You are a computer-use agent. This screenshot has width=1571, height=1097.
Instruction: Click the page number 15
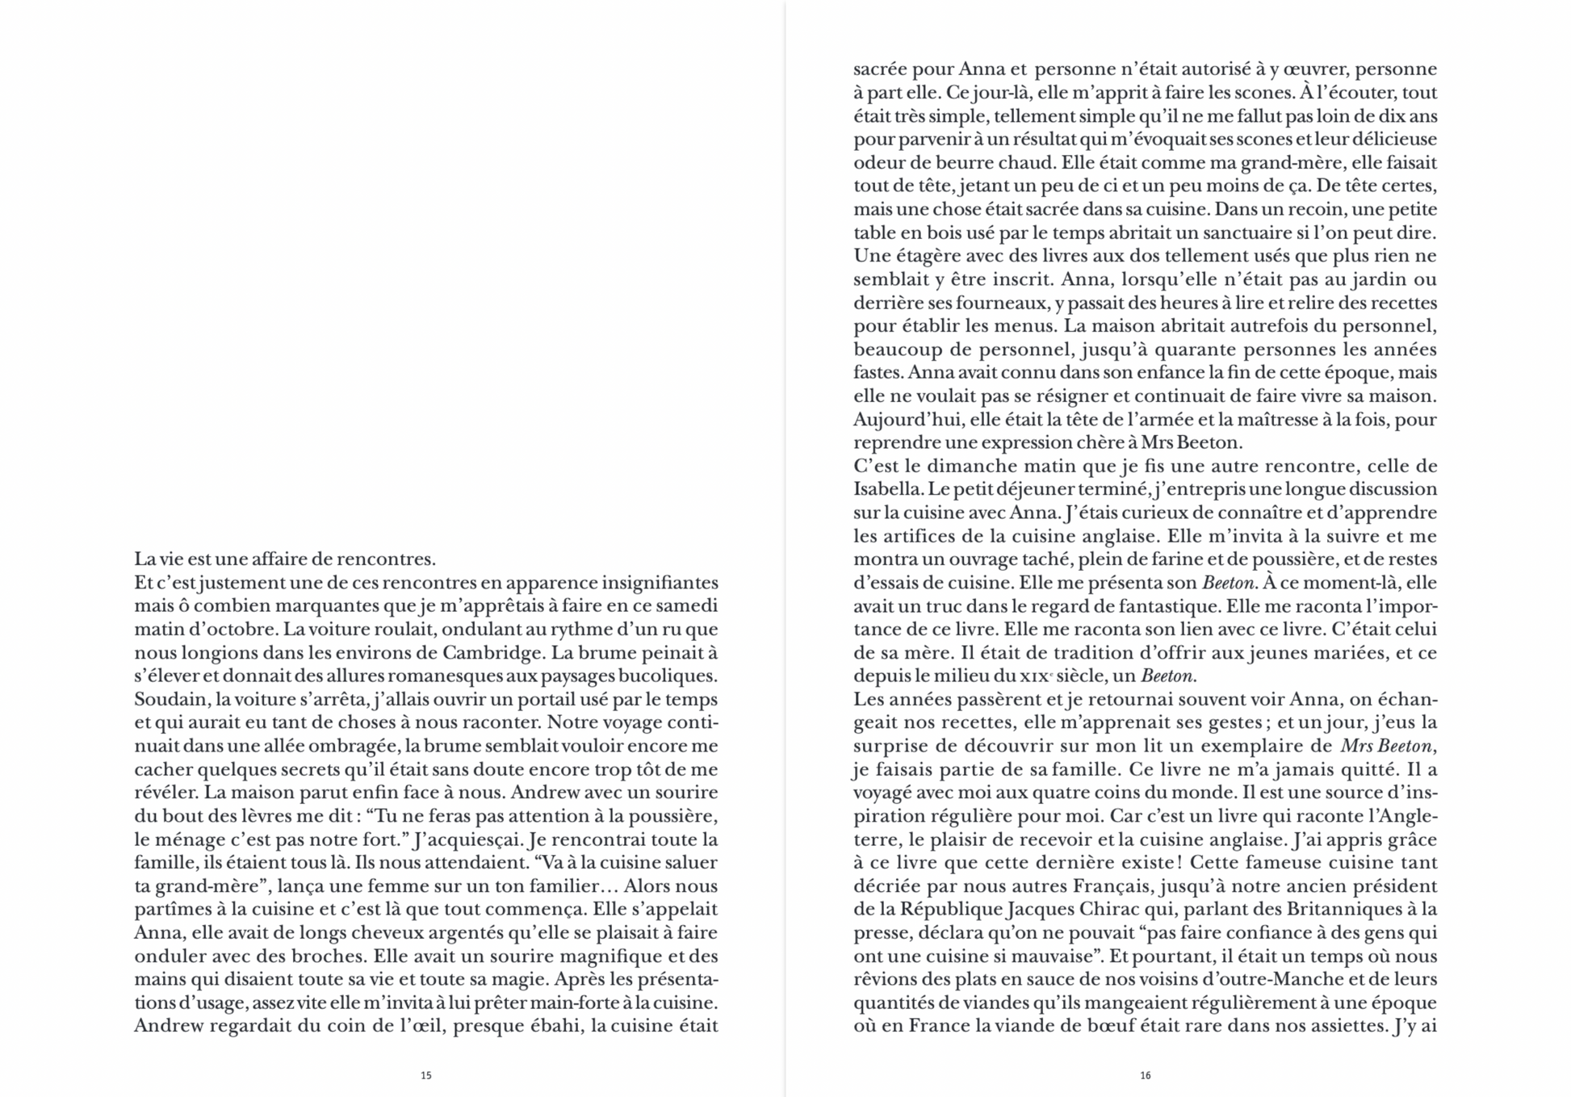click(x=426, y=1075)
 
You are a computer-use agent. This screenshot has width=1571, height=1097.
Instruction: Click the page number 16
click(x=1145, y=1075)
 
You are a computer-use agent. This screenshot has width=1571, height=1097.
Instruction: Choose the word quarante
click(x=1194, y=350)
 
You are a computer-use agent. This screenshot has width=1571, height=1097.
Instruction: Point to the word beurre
click(x=957, y=162)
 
